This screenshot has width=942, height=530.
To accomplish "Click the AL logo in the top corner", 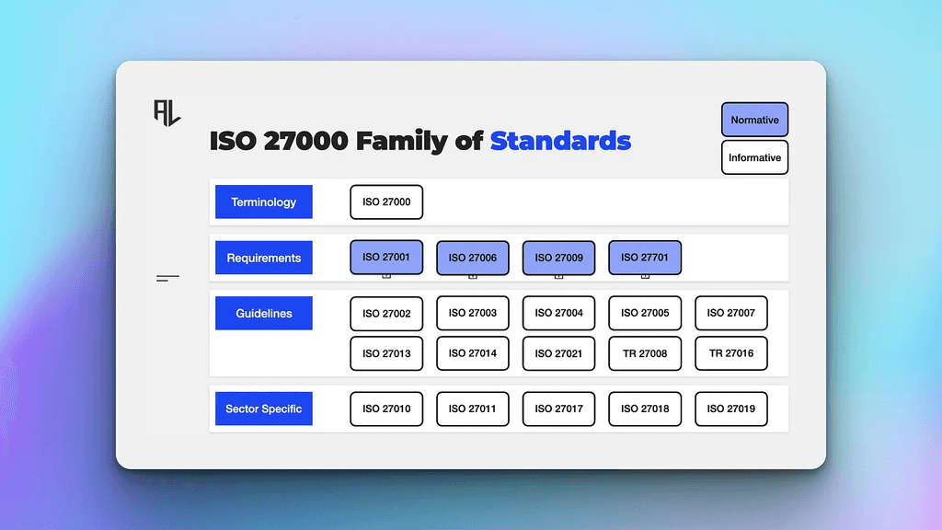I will pyautogui.click(x=167, y=111).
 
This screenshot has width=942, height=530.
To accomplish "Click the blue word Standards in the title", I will pyautogui.click(x=560, y=141).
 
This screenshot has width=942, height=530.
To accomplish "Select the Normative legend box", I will pyautogui.click(x=754, y=120).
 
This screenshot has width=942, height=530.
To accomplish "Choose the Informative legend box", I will pyautogui.click(x=754, y=157).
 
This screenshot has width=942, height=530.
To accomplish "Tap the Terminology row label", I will pyautogui.click(x=263, y=202).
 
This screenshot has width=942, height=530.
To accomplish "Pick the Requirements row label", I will pyautogui.click(x=263, y=258).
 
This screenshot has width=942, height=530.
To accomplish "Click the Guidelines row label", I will pyautogui.click(x=263, y=313).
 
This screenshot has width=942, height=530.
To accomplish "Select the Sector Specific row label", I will pyautogui.click(x=263, y=409).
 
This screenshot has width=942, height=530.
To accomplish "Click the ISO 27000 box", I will pyautogui.click(x=386, y=202).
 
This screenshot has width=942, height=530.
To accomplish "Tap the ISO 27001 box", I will pyautogui.click(x=386, y=258).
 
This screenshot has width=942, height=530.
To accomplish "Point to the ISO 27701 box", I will pyautogui.click(x=645, y=258).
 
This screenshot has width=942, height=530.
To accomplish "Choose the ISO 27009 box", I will pyautogui.click(x=558, y=258).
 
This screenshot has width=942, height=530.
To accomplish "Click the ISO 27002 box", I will pyautogui.click(x=386, y=313).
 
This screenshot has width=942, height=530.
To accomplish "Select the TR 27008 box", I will pyautogui.click(x=645, y=353).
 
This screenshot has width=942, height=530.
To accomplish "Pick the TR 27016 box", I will pyautogui.click(x=730, y=353).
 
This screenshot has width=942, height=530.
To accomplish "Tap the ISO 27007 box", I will pyautogui.click(x=730, y=313).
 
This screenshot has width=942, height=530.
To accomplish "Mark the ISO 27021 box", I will pyautogui.click(x=558, y=353).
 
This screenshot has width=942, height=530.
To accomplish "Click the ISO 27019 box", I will pyautogui.click(x=730, y=409).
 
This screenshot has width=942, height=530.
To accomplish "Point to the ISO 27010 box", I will pyautogui.click(x=386, y=409).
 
